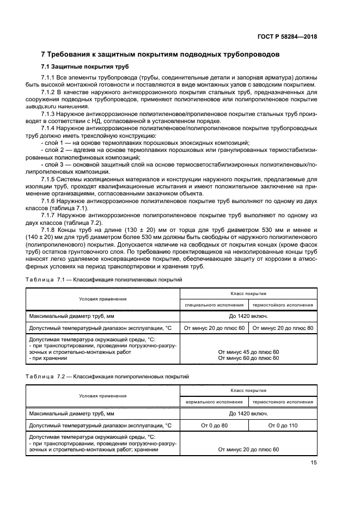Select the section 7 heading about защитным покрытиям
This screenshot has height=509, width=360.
click(x=161, y=54)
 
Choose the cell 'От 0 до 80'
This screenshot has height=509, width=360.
click(x=214, y=425)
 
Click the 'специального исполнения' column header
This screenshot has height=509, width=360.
click(x=214, y=305)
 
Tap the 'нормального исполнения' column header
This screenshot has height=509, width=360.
click(x=214, y=402)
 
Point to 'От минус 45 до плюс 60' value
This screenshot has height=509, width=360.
click(x=248, y=352)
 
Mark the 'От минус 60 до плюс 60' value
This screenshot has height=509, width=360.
click(x=248, y=358)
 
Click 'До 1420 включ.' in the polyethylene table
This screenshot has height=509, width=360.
click(x=248, y=316)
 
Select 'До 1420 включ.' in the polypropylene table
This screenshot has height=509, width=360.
click(x=248, y=413)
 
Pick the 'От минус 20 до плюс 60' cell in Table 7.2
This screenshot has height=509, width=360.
click(x=248, y=450)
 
